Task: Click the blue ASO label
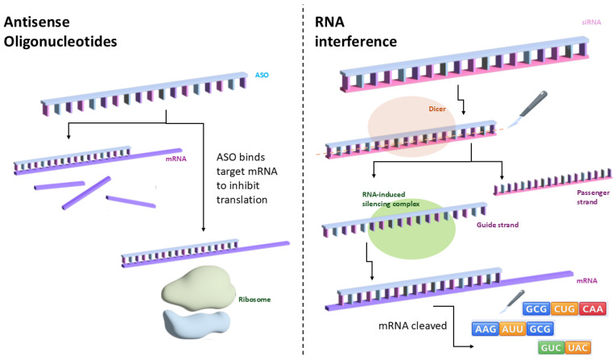(x=262, y=75)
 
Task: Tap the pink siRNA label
(x=591, y=22)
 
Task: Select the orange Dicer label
(x=437, y=109)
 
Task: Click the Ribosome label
(x=254, y=300)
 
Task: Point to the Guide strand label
(x=498, y=225)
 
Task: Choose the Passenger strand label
(x=593, y=197)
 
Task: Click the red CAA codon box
(x=593, y=309)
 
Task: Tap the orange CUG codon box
(x=564, y=309)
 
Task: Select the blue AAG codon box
(x=486, y=329)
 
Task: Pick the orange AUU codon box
(x=513, y=329)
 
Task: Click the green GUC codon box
(x=551, y=348)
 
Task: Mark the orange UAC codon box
(x=578, y=348)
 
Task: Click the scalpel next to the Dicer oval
(x=527, y=110)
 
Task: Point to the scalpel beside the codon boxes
(x=512, y=301)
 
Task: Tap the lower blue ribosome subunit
(x=196, y=324)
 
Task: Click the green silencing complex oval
(x=411, y=229)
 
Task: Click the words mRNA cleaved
(x=412, y=326)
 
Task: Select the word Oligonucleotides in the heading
(x=60, y=42)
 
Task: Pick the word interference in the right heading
(x=356, y=41)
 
